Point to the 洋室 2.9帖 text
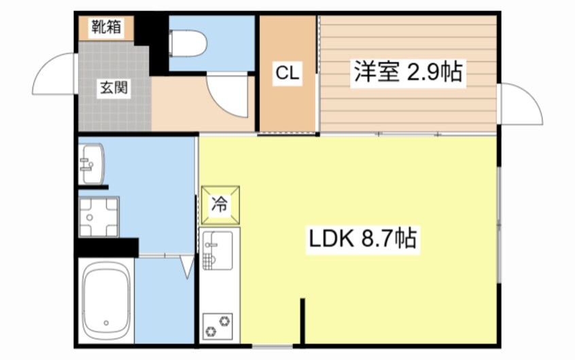[407, 72]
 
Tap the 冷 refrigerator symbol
[220, 203]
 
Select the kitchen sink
[217, 249]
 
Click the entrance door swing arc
[53, 75]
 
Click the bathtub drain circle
[106, 323]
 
